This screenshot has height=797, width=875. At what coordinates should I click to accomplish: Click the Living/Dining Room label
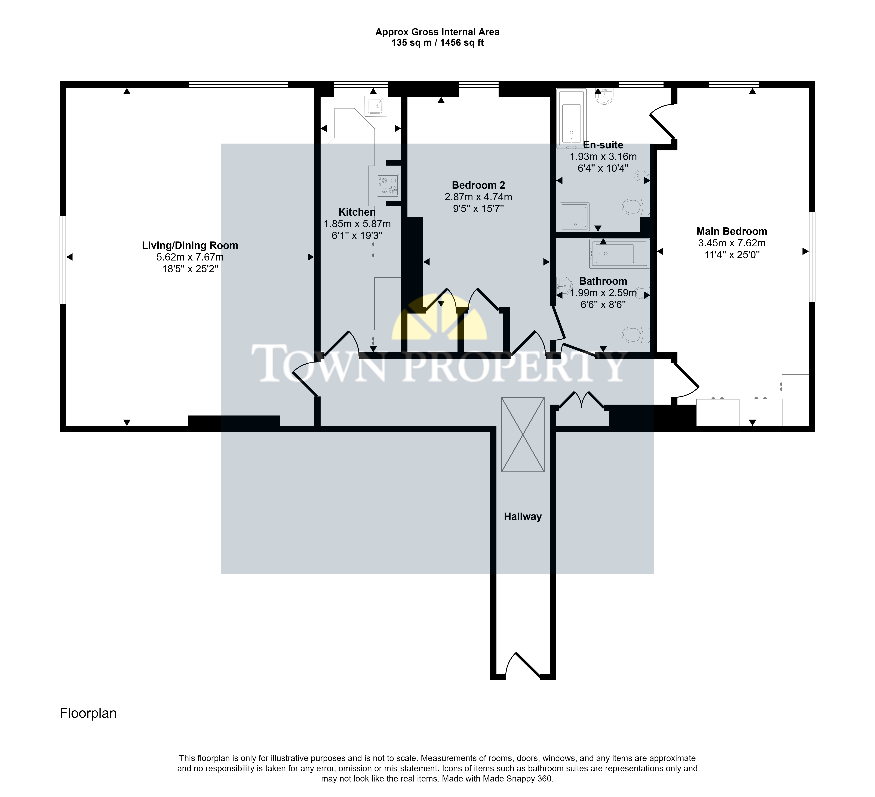190,246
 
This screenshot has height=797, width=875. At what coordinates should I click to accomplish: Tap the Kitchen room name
357,212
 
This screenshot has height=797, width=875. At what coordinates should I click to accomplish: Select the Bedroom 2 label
478,185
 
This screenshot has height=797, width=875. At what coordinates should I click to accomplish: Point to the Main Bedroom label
732,231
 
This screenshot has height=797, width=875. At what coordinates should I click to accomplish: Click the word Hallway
523,516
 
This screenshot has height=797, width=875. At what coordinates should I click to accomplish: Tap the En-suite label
603,145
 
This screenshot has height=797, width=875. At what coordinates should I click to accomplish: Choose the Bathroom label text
603,281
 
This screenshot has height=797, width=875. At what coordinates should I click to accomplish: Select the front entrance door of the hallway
523,665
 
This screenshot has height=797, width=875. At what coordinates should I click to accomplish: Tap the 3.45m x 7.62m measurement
732,243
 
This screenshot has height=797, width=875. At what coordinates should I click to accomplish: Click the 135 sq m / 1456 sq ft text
437,42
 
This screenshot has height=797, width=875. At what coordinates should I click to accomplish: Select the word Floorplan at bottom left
88,713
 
